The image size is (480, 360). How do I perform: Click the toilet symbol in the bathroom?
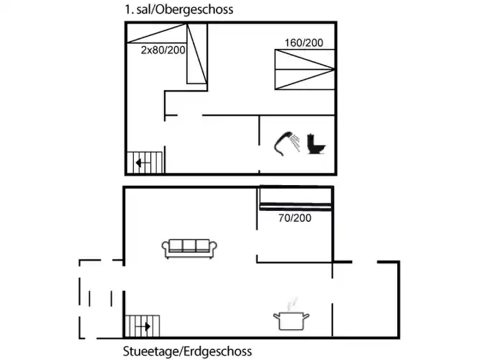316,144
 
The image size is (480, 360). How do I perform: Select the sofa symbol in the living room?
189,248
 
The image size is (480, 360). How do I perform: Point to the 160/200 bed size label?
304,42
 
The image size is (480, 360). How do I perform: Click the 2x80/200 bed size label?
163,50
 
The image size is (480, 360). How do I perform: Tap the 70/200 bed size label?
295,218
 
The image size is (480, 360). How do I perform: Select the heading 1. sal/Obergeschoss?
178,9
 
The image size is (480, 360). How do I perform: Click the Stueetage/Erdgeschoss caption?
187,351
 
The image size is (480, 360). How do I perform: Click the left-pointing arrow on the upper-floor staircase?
143,163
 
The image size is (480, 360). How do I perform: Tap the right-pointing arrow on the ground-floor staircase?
143,327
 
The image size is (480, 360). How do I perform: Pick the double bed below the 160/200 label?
304,70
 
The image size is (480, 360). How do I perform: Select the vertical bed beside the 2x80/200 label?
197,53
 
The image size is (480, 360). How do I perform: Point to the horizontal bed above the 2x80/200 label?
157,33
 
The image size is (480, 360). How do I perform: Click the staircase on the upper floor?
145,163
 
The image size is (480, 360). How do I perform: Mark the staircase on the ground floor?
142,326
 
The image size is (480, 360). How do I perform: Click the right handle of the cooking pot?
307,317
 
